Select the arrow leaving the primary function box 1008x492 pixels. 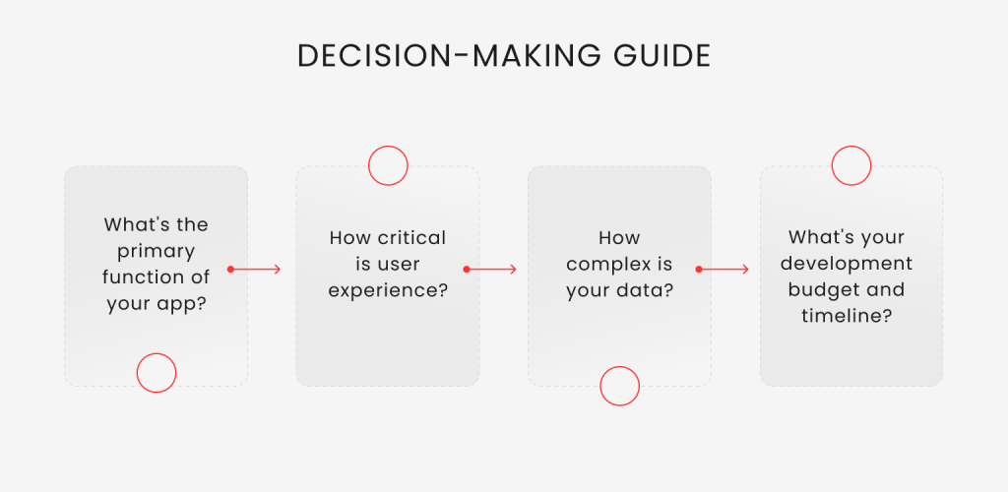point(254,269)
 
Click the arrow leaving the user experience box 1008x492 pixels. point(490,269)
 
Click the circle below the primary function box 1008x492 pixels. point(157,353)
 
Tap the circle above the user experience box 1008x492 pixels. point(388,147)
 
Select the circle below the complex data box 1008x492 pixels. point(620,367)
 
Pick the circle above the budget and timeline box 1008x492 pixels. point(851,147)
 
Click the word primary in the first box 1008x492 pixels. point(157,252)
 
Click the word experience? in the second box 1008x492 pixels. point(388,291)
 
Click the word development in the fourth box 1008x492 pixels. point(850,264)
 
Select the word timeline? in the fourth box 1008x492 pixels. point(846,316)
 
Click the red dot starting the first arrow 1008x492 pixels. point(230,269)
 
